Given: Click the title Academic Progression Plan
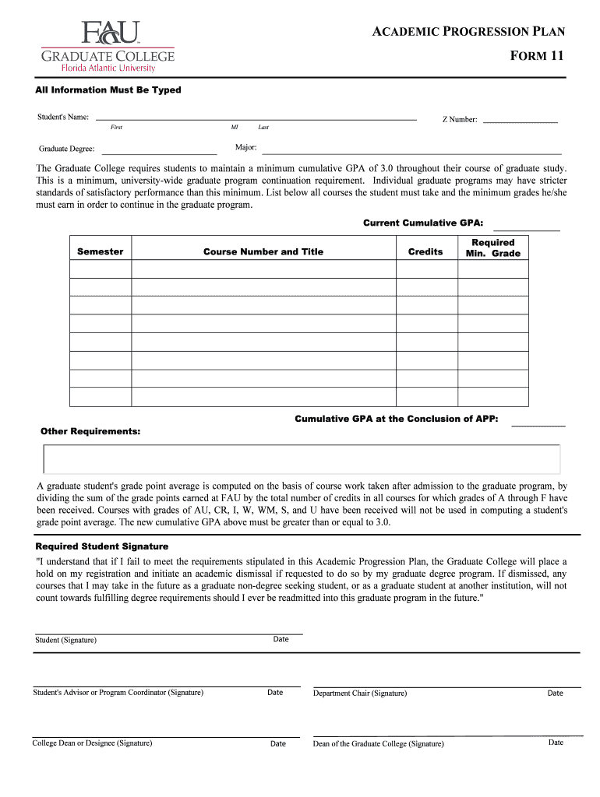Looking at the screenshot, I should (469, 32).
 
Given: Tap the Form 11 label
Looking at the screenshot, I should (537, 56).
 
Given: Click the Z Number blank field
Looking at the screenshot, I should (521, 121).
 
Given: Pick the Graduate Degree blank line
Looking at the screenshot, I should (159, 152).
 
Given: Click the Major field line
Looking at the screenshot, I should (411, 152).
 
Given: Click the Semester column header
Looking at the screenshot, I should (101, 251).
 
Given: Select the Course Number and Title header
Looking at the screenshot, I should (263, 251).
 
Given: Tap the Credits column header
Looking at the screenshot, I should (425, 251).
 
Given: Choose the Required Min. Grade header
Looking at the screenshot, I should (492, 248).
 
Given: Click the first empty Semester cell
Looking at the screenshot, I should (101, 269).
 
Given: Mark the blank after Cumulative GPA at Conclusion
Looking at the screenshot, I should (538, 423).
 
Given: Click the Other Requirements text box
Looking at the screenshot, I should (302, 458).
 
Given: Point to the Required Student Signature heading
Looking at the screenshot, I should (102, 546).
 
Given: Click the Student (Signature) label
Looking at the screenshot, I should (66, 640).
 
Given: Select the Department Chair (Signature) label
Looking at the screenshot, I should (360, 693).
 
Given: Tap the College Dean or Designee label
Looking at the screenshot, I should (92, 743).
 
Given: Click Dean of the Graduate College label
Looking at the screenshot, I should (379, 743).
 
